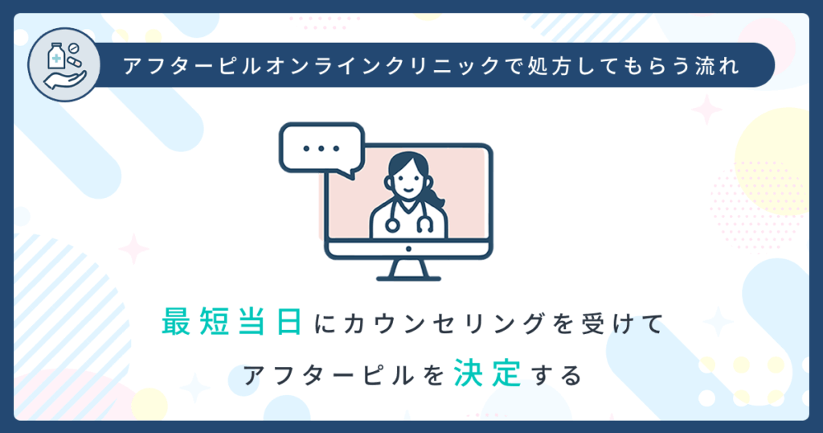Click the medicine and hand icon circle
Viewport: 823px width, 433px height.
click(63, 65)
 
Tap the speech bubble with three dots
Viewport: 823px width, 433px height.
click(321, 150)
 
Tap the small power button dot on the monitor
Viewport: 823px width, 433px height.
click(407, 248)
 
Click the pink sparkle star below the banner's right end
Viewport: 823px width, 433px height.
click(706, 109)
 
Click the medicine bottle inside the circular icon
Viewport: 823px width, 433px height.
click(55, 58)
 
